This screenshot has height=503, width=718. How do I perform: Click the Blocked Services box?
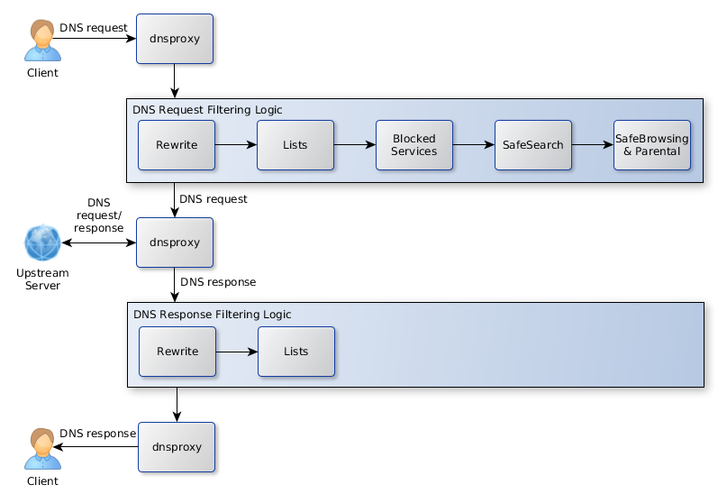(x=414, y=145)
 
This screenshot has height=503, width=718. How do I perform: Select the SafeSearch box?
(x=532, y=145)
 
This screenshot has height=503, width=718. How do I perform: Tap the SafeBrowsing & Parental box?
(x=651, y=145)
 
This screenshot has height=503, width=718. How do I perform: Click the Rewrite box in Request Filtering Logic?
(x=177, y=145)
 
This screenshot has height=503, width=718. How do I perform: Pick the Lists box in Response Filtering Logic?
(x=295, y=352)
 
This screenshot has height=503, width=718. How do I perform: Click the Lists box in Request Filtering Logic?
(x=295, y=145)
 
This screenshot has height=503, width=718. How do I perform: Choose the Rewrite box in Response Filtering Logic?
(x=177, y=352)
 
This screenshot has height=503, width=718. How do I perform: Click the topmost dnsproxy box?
(x=174, y=39)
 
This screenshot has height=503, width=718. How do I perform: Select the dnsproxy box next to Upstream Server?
(x=174, y=242)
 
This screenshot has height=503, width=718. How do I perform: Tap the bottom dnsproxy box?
(x=176, y=446)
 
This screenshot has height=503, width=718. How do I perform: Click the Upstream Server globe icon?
(x=42, y=243)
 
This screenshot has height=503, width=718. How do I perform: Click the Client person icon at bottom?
(x=41, y=449)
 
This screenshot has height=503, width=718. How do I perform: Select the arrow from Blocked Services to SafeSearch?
(x=473, y=144)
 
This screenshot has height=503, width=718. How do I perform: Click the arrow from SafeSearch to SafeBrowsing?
(x=592, y=144)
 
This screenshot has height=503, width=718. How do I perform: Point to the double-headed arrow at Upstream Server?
(x=98, y=243)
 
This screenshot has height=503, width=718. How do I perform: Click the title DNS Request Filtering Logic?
(x=207, y=110)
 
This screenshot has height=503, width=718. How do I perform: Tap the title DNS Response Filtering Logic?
(x=212, y=315)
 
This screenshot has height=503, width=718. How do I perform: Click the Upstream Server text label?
(x=42, y=279)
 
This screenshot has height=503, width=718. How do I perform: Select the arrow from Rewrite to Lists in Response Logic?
(x=236, y=352)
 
